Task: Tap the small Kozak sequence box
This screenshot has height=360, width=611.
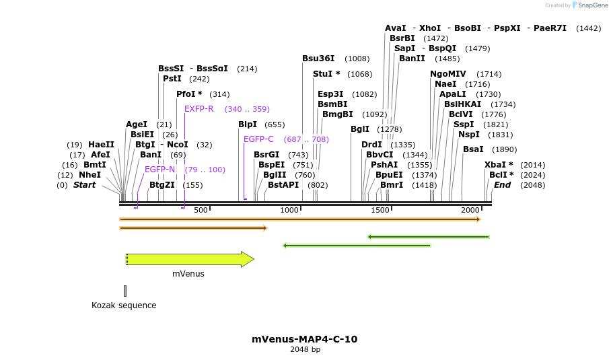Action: tap(125, 291)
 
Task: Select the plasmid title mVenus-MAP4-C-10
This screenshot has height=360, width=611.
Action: tap(305, 339)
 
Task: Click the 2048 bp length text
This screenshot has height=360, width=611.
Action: tap(305, 350)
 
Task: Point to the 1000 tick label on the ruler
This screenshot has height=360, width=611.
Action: tap(289, 211)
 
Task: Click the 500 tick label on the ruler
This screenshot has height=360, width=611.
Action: tap(201, 211)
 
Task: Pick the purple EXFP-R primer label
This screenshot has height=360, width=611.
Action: tap(199, 109)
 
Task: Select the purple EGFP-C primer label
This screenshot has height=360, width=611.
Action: tap(258, 139)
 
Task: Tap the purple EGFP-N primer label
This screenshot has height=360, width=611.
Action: tap(159, 170)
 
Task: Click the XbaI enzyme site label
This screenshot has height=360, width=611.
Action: tap(499, 165)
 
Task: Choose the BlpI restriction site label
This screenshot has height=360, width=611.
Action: tap(248, 124)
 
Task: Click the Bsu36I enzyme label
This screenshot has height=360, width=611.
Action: tap(318, 59)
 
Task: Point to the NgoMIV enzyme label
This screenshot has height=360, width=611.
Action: tap(448, 74)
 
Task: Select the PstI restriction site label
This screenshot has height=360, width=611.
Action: tap(172, 79)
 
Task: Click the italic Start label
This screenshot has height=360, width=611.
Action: tap(84, 185)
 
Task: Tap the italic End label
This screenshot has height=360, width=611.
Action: tap(502, 185)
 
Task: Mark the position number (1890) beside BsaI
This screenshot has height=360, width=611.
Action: tap(504, 149)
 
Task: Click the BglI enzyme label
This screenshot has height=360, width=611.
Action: tap(360, 129)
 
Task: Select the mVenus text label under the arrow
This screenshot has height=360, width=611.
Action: tap(188, 274)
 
